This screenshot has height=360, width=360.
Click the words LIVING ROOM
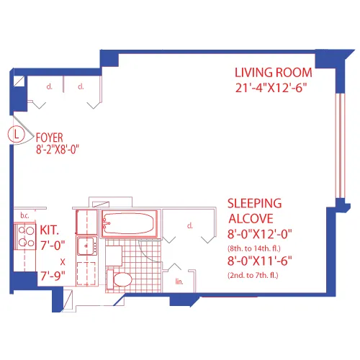(273, 72)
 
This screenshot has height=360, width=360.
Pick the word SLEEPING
(254, 204)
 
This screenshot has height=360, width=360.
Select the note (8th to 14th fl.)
(255, 247)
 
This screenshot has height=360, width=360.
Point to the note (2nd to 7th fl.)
(255, 275)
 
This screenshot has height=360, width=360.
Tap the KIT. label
(50, 230)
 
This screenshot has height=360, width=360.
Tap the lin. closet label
(179, 282)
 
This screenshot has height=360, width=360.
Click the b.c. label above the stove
(24, 215)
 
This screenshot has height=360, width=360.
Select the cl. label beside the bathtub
(190, 225)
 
